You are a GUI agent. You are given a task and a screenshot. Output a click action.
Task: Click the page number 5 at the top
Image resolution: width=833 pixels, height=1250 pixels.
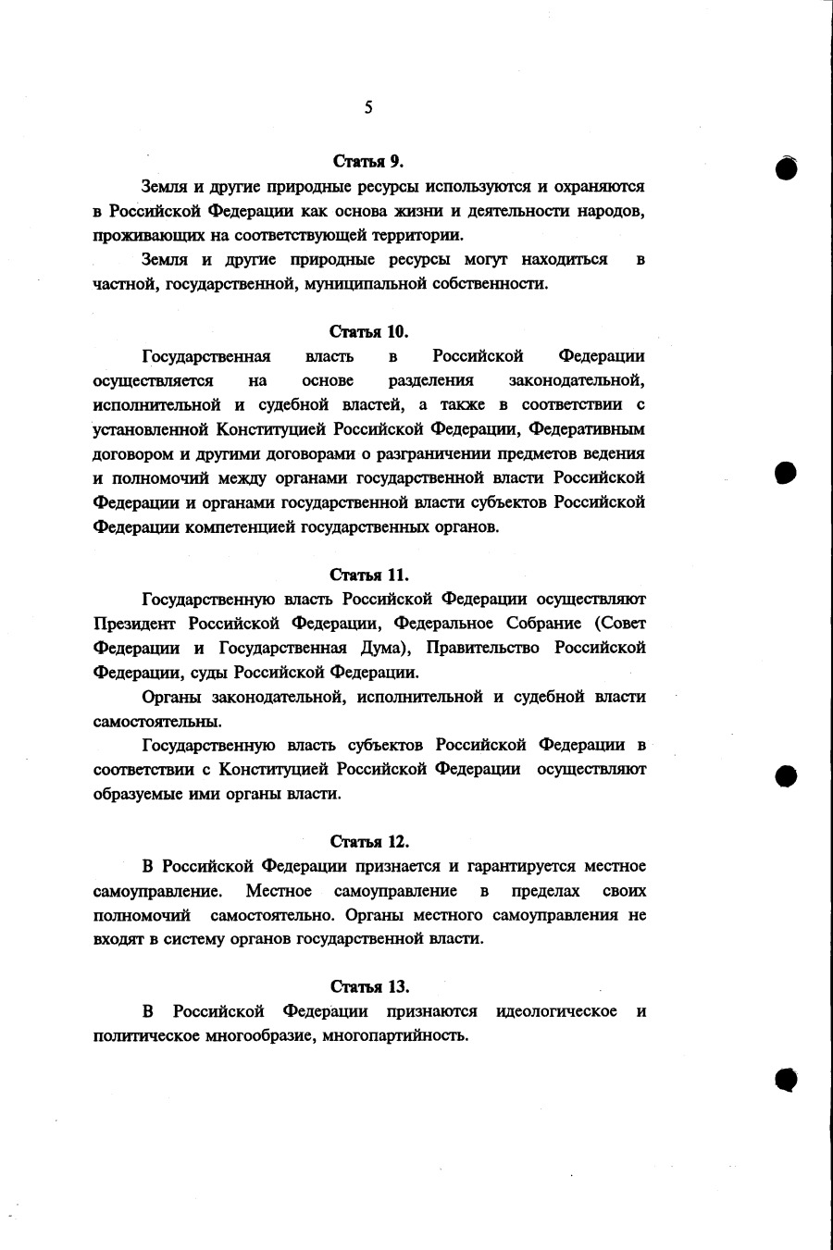[x=368, y=108]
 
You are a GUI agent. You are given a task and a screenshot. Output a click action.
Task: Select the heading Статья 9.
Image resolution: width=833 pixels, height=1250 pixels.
[x=368, y=162]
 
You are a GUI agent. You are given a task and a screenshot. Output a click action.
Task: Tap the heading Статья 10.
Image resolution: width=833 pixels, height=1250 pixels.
[x=368, y=331]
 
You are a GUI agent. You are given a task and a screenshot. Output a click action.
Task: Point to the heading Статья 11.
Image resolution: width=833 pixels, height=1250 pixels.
[x=369, y=575]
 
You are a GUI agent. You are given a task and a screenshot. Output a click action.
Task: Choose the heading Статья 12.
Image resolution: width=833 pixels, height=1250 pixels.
[x=369, y=842]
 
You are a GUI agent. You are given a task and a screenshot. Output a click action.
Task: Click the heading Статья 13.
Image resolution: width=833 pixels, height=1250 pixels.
[x=369, y=986]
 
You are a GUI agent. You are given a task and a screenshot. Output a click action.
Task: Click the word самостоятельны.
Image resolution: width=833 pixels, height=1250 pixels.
[x=156, y=721]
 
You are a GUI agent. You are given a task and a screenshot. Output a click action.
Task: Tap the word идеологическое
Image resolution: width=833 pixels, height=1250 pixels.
[x=556, y=1011]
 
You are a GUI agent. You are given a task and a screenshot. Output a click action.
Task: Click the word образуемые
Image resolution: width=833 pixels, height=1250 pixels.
[x=136, y=794]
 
